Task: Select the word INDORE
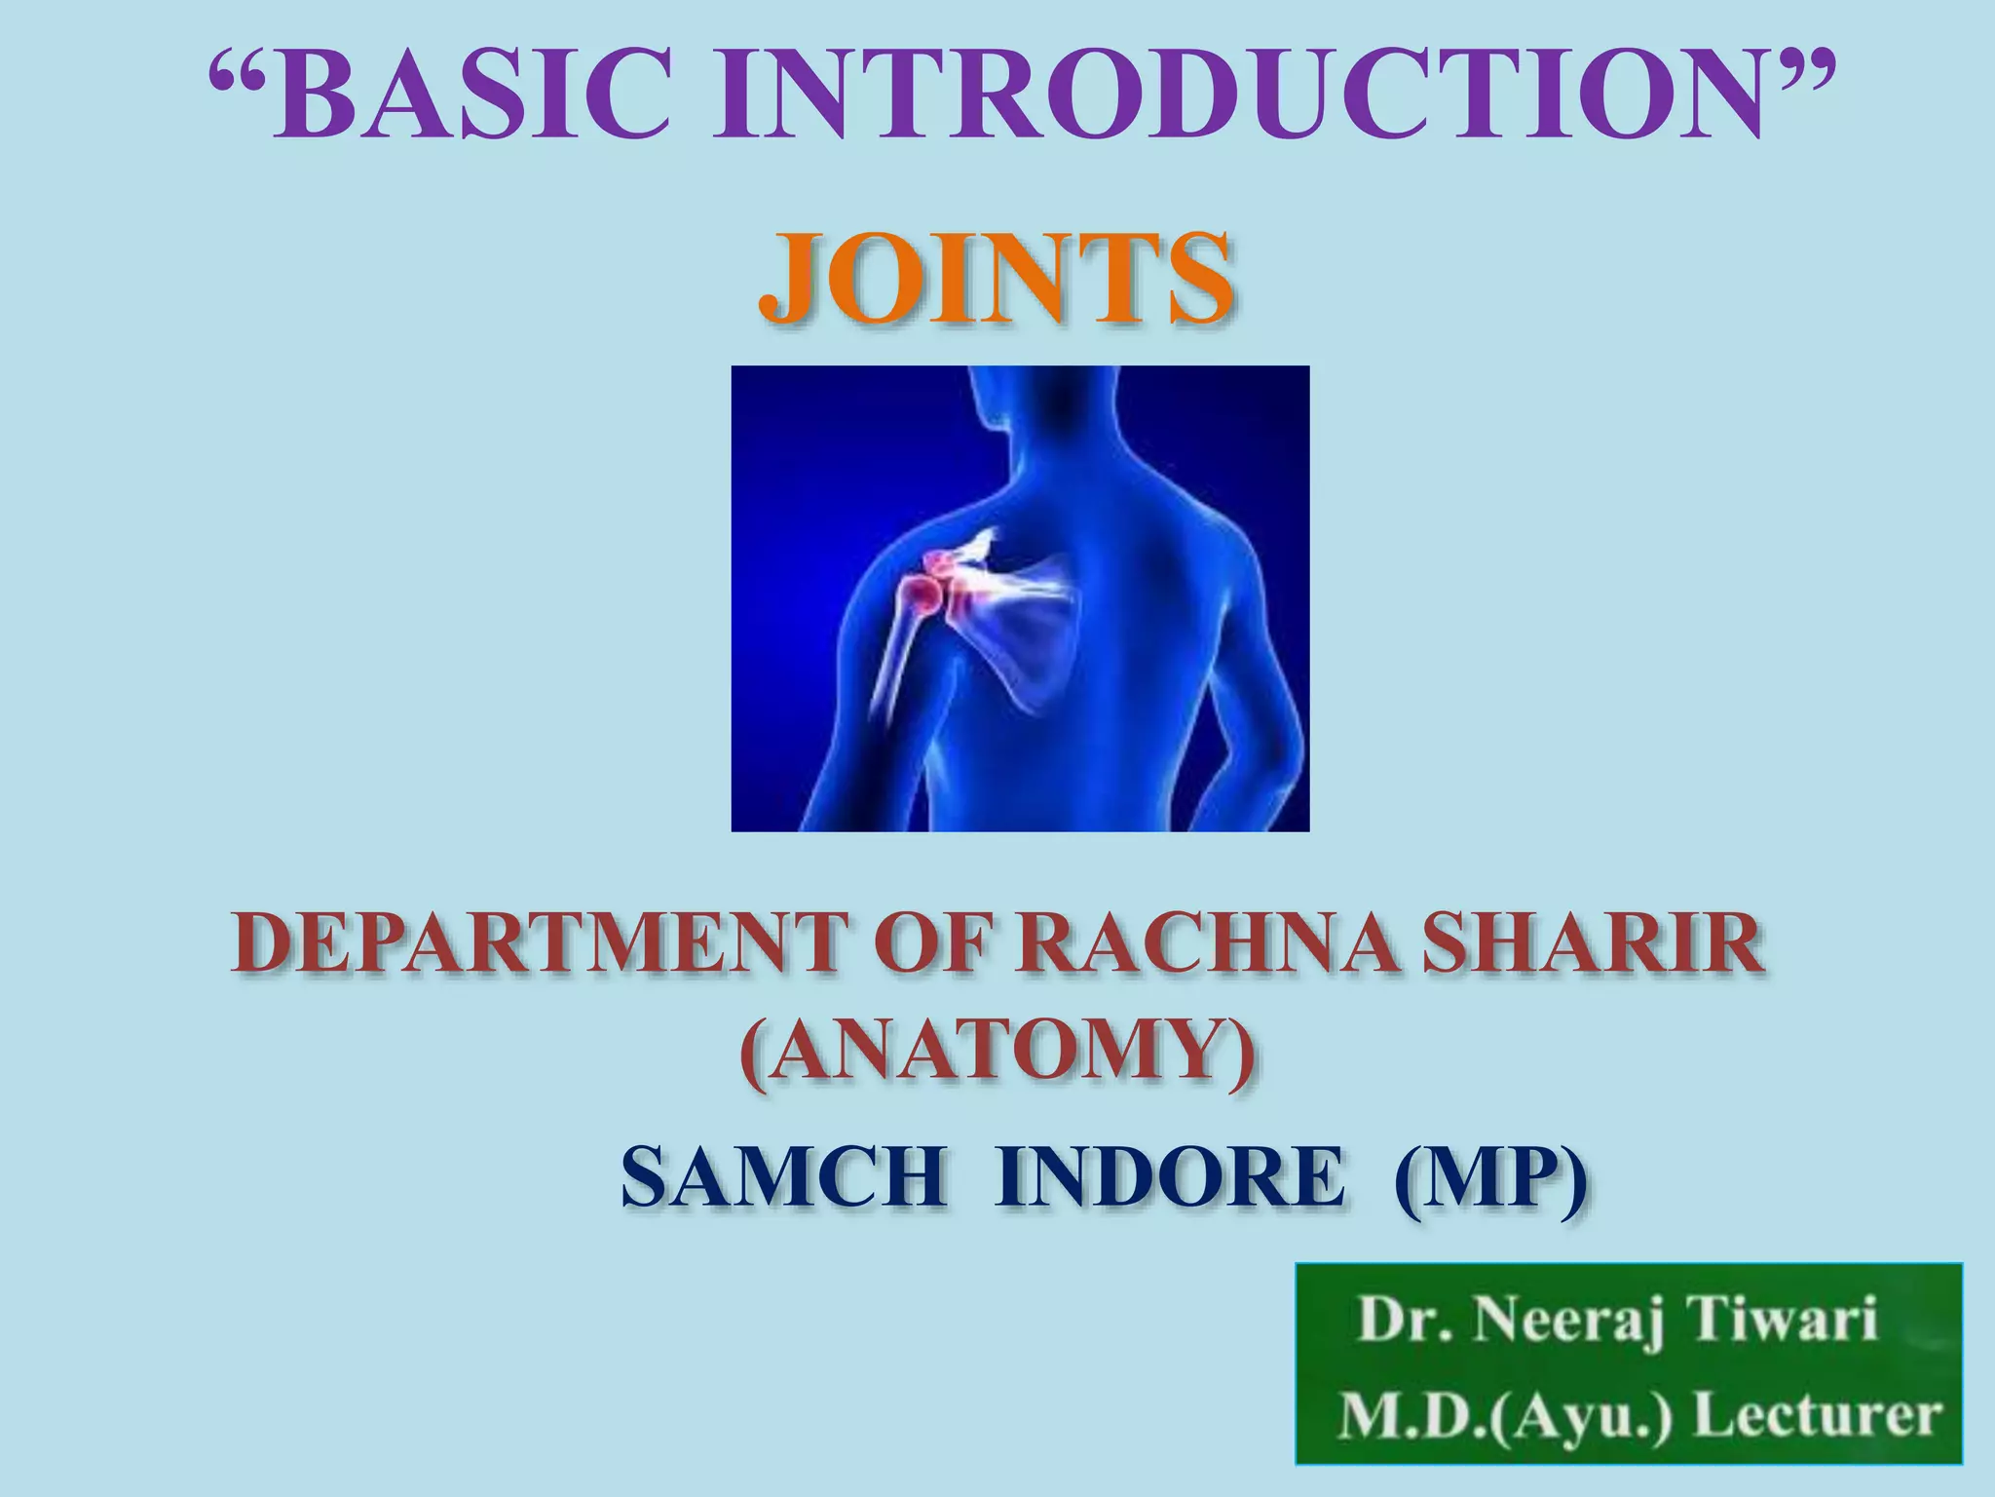click(1168, 1179)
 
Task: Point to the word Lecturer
click(1818, 1416)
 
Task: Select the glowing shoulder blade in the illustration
click(1023, 633)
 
